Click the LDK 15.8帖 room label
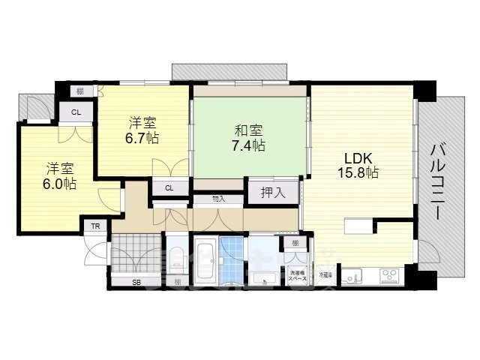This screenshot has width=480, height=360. click(x=360, y=166)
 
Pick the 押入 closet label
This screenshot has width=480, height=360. click(x=273, y=191)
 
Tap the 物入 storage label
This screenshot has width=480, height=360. click(x=218, y=199)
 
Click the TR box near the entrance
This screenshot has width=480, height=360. click(x=95, y=226)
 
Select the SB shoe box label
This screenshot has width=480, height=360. click(x=136, y=282)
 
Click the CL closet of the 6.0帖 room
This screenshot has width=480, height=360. click(x=76, y=112)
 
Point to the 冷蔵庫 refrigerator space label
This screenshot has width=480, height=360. click(x=325, y=275)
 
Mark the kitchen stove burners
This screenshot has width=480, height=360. click(x=389, y=275)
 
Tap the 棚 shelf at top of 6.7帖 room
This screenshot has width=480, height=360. click(x=80, y=91)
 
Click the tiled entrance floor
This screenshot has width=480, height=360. click(x=136, y=254)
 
